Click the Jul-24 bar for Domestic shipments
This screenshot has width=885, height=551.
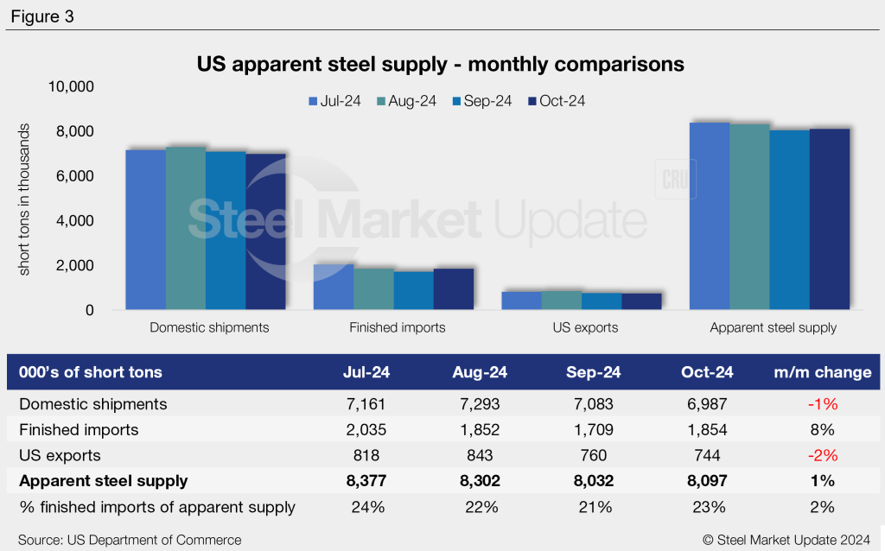click(x=146, y=230)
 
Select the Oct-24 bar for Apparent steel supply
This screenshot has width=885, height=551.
click(x=830, y=219)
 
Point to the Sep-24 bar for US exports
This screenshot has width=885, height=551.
click(x=602, y=301)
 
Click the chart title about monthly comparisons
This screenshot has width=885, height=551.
click(x=441, y=64)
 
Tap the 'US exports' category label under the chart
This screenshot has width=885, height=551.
click(x=585, y=328)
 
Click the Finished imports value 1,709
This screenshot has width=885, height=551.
click(x=595, y=430)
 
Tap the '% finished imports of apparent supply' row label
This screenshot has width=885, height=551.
click(x=158, y=507)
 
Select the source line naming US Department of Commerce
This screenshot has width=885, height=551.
click(x=130, y=540)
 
